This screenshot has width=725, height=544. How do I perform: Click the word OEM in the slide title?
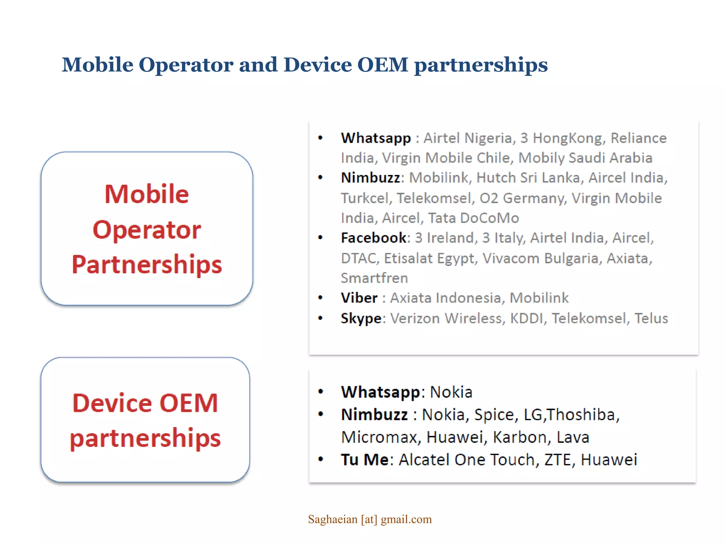coord(383,65)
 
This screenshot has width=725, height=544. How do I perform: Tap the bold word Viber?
coord(359,298)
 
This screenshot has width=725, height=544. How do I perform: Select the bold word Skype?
coord(361,318)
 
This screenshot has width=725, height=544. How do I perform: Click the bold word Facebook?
coord(373,238)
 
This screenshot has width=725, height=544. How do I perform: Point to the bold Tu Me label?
coord(365,460)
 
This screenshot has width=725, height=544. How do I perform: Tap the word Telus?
coord(651,318)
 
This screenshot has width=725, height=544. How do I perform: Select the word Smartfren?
coord(374,278)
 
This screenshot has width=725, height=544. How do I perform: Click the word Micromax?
coord(378,437)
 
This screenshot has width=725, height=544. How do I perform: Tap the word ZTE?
coord(557,460)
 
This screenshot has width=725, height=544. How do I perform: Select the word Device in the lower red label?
coord(112,403)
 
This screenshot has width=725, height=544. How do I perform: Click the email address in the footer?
coord(370,519)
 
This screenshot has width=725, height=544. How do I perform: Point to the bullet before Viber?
coord(320,298)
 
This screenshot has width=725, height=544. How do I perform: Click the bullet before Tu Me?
coord(321,460)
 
